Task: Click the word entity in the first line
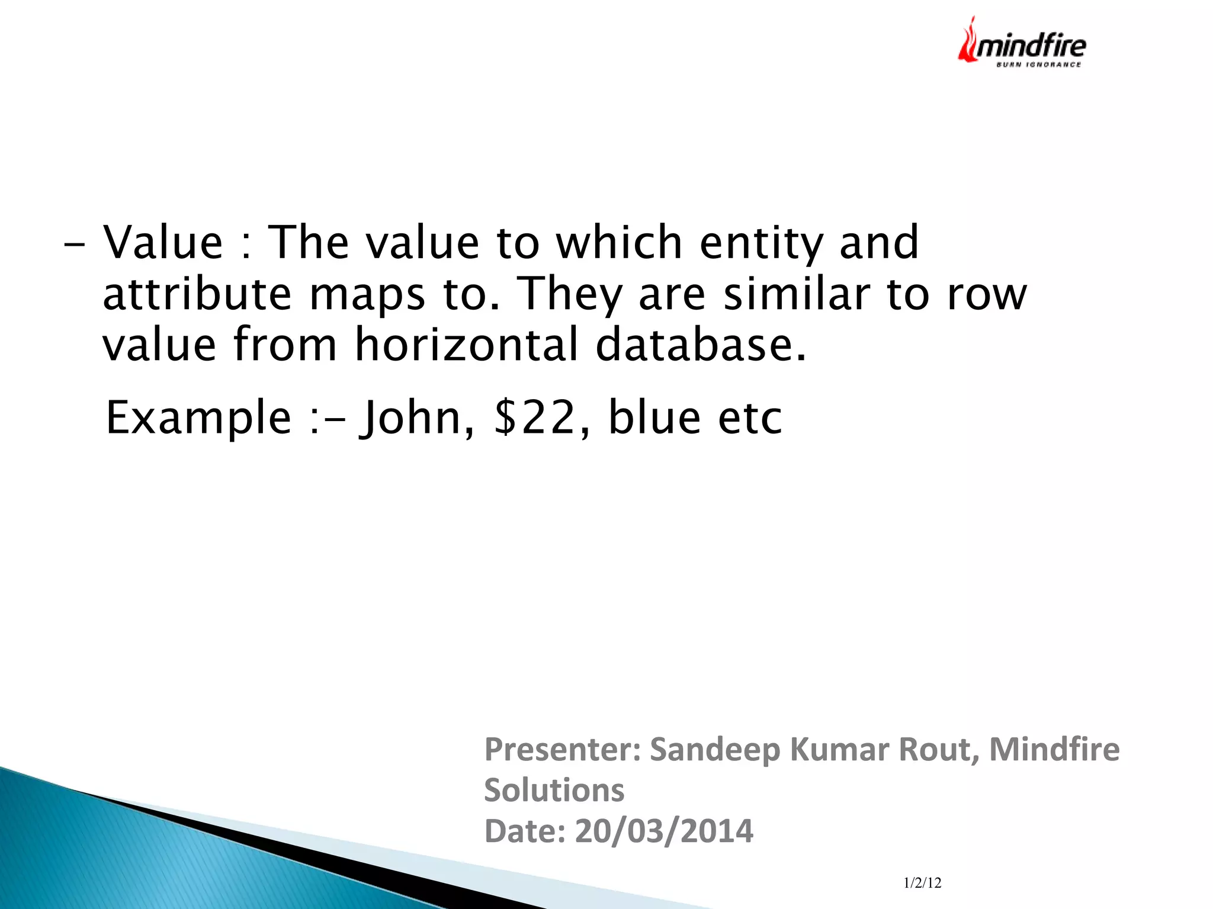tap(762, 242)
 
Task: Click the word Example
tap(198, 418)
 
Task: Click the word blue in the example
tap(654, 418)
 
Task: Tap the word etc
tap(750, 418)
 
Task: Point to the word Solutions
tap(554, 790)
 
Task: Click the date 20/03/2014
tap(664, 830)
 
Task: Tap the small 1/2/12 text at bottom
tap(922, 883)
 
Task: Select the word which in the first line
tap(620, 242)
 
